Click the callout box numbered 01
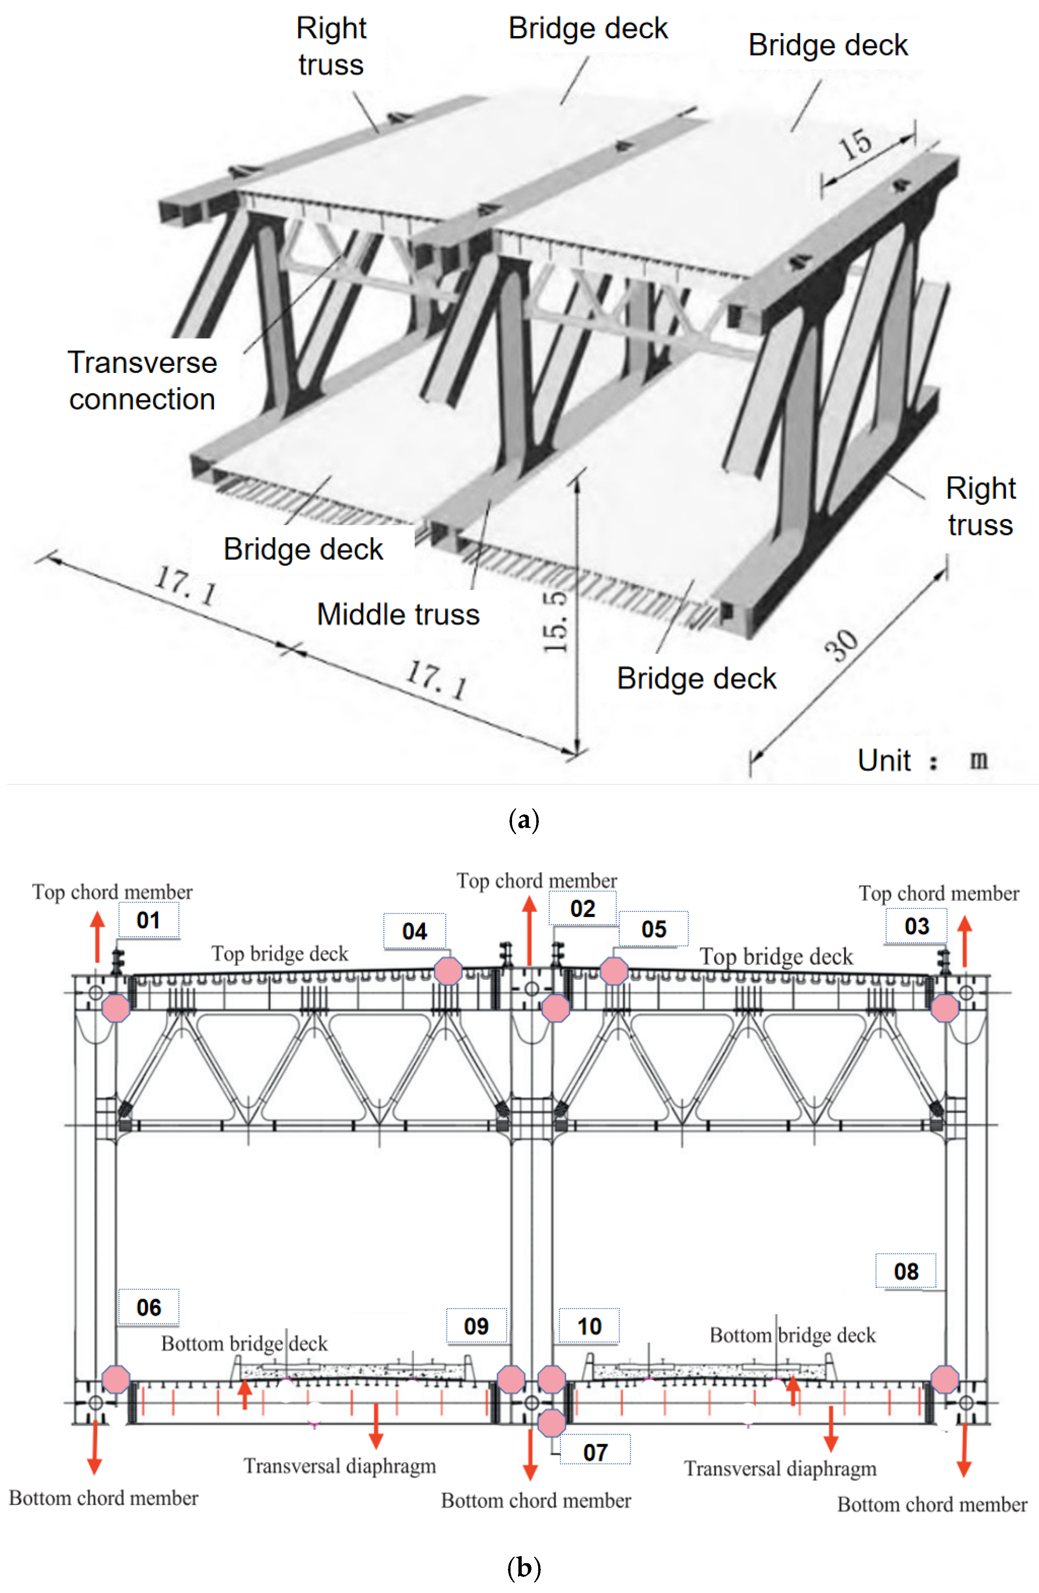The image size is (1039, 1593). coord(149,920)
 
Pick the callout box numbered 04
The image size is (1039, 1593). coord(415,931)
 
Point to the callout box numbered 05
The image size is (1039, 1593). coord(654,929)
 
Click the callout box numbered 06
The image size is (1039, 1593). coord(149,1307)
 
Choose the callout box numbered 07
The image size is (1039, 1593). coord(595,1453)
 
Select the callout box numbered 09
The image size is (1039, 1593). coord(476,1326)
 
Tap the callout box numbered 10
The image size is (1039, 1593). coord(589,1326)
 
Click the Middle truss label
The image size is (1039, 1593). coord(398,614)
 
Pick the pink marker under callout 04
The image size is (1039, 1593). coord(448,971)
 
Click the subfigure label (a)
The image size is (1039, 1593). coord(524,820)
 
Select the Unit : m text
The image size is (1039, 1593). coord(922,760)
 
